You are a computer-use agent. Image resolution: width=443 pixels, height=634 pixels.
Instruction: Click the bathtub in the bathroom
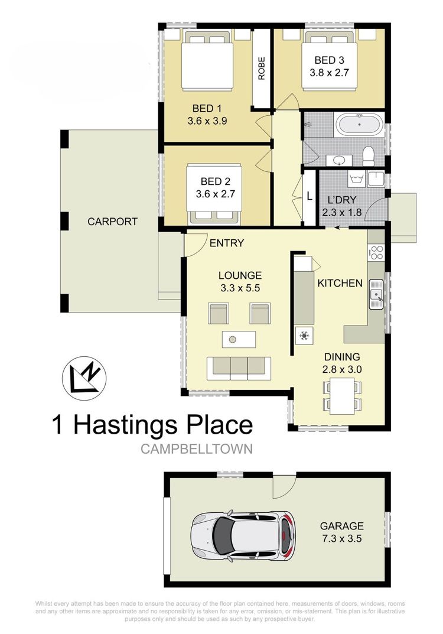click(359, 125)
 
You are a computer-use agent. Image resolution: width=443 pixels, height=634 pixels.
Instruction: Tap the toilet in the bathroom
click(368, 157)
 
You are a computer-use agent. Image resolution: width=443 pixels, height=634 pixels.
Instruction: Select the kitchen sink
click(376, 294)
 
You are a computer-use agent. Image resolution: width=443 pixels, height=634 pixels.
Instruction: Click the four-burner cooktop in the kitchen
click(376, 253)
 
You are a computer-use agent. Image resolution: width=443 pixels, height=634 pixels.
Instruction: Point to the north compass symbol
click(84, 379)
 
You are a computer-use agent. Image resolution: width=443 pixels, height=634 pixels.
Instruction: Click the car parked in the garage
click(243, 535)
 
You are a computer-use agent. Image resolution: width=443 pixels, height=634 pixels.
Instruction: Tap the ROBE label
click(262, 68)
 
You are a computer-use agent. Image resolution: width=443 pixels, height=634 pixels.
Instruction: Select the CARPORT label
click(112, 222)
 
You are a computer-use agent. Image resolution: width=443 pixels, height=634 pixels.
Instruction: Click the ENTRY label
click(227, 243)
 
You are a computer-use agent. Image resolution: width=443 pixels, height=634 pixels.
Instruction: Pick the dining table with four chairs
click(342, 396)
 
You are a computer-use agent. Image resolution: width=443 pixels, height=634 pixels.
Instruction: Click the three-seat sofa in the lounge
click(239, 368)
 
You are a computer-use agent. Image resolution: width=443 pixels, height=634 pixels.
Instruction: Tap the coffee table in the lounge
click(239, 339)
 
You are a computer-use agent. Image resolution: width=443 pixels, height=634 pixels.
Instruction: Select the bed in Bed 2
click(214, 194)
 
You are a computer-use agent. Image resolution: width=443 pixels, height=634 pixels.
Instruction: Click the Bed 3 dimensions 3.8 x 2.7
click(329, 73)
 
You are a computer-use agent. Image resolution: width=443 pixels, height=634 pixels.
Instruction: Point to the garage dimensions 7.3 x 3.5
click(342, 539)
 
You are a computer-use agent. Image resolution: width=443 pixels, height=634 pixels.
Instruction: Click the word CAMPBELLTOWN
click(197, 449)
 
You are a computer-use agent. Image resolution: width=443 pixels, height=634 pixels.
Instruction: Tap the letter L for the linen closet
click(309, 197)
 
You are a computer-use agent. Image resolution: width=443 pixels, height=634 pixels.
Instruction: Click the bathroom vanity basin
click(338, 161)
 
